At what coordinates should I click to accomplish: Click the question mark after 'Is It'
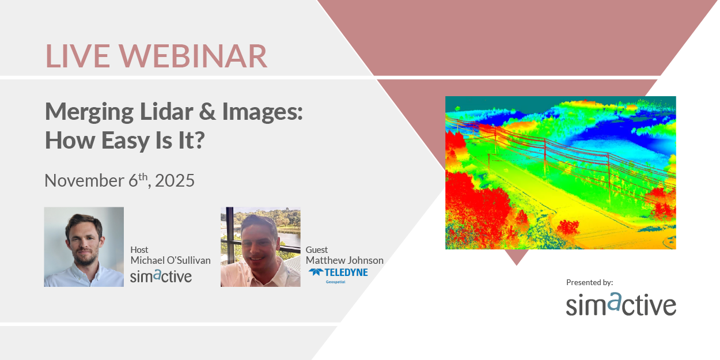[x=198, y=140]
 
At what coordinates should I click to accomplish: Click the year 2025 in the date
[x=175, y=180]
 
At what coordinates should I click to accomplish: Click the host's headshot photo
[x=84, y=247]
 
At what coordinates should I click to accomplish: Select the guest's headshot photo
[x=260, y=247]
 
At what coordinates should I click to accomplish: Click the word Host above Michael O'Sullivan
[x=139, y=250]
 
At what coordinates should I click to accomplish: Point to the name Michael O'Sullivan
[x=170, y=260]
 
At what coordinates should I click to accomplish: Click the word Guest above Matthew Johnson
[x=317, y=250]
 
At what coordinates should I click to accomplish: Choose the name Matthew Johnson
[x=344, y=260]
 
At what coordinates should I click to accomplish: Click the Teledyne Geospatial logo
[x=338, y=275]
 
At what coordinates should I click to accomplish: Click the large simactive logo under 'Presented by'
[x=620, y=304]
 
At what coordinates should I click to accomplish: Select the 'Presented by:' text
[x=589, y=282]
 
